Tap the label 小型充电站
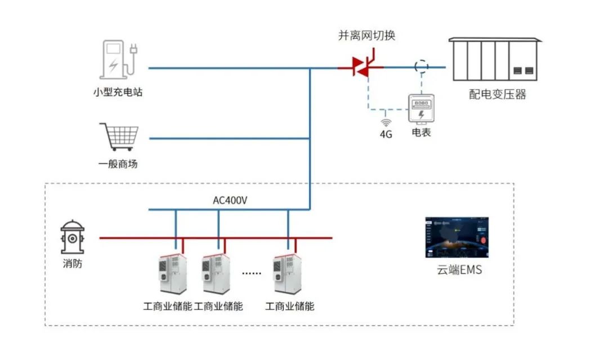click(118, 92)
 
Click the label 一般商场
click(118, 164)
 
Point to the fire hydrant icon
click(73, 237)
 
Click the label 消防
click(72, 263)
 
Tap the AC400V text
click(230, 201)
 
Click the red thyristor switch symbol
click(361, 67)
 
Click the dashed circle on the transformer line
click(421, 66)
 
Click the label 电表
click(421, 133)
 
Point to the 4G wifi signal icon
click(386, 123)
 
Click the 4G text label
click(386, 135)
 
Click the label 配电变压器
click(497, 94)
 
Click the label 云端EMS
click(459, 270)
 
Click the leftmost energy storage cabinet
click(170, 273)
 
